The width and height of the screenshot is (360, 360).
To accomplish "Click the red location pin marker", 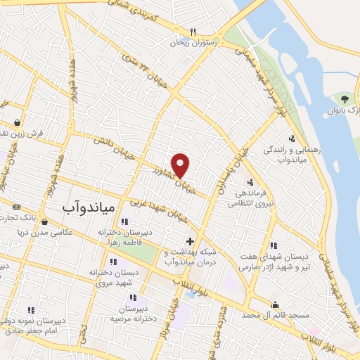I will click(181, 165).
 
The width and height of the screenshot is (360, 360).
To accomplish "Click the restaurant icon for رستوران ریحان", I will click(192, 32).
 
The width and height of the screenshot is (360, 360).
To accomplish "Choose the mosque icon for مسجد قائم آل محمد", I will click(275, 305).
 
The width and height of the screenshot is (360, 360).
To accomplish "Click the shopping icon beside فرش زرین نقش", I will click(16, 121).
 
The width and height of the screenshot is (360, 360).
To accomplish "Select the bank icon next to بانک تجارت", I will click(16, 207).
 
